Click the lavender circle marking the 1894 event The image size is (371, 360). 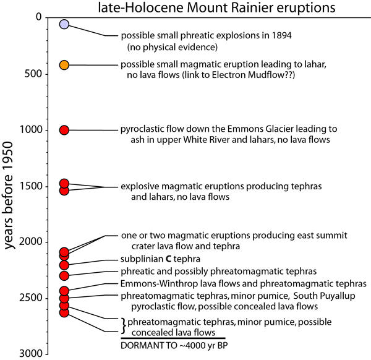tap(63, 25)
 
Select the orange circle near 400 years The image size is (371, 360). tap(63, 65)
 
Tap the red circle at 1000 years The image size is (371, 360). tap(63, 130)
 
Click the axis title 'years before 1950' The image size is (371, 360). tap(11, 186)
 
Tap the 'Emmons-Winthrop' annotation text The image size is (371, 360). tap(150, 285)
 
